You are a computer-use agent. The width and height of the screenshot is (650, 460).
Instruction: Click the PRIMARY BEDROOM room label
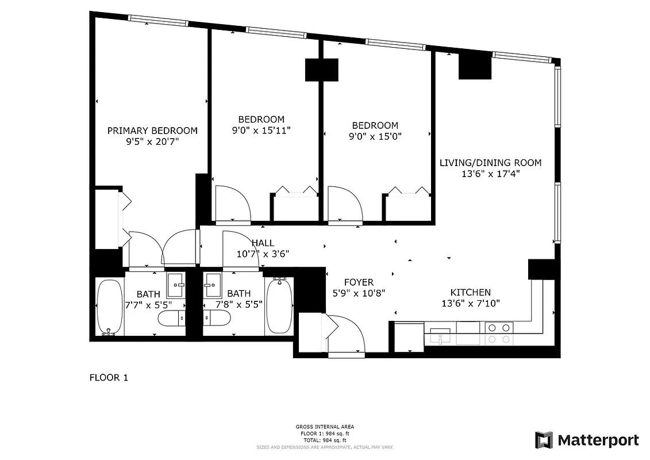(x=152, y=131)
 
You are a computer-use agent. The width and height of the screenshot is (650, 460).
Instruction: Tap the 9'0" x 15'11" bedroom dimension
(x=261, y=131)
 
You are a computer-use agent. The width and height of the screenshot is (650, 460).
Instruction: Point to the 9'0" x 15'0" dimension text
(x=375, y=137)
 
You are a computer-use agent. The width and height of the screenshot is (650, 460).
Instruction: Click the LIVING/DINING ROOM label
(x=490, y=163)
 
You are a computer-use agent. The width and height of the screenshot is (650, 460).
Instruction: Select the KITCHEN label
(x=470, y=292)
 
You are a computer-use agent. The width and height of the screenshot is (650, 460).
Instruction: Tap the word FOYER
(x=359, y=282)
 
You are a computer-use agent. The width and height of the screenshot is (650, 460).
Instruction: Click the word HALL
(x=263, y=243)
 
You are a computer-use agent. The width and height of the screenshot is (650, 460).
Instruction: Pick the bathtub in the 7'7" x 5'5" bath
(x=109, y=307)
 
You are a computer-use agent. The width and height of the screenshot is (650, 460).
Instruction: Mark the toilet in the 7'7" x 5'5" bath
(x=172, y=319)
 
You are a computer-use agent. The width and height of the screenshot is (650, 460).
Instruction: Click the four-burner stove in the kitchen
(x=498, y=333)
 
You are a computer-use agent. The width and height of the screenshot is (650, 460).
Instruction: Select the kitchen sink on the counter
(x=440, y=336)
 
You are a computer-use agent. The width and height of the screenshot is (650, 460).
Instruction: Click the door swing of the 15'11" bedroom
(x=232, y=204)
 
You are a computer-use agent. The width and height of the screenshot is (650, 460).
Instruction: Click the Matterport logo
(x=587, y=440)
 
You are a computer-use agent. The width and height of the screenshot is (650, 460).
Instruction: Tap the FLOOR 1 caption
(x=109, y=378)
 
